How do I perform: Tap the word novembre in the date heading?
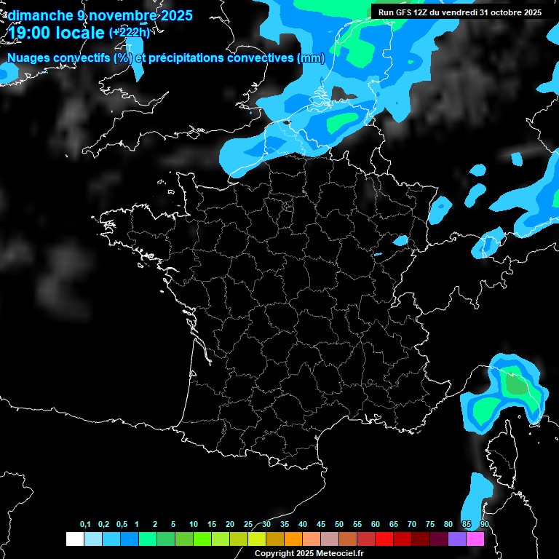coord(116,15)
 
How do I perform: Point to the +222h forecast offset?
coord(130,32)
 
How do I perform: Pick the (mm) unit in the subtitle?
coord(311,58)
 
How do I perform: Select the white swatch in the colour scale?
coord(74,539)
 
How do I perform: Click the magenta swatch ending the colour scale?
coord(475,539)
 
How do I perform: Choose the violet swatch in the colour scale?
coord(457,539)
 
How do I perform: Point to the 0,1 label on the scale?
coord(85,525)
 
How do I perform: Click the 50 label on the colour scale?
coord(339,525)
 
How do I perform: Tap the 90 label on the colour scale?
coord(485,525)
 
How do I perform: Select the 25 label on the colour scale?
coord(248,525)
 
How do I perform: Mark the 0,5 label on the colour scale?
coord(122,525)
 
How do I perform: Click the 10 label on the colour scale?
coord(194,525)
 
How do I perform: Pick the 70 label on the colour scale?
coord(412,525)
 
